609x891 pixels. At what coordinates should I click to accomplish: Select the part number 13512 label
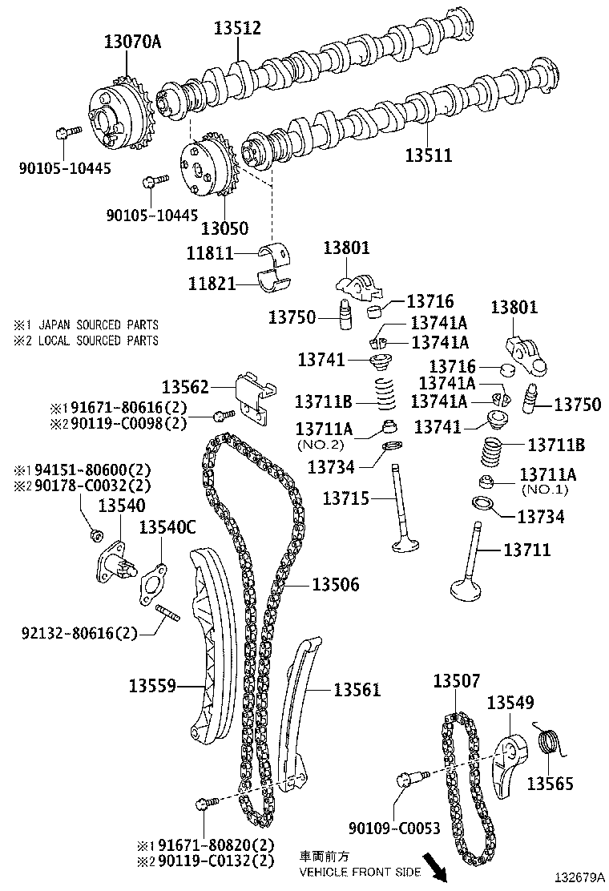237,29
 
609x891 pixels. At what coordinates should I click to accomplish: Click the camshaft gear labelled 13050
208,169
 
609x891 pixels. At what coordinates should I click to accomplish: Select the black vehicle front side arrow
437,865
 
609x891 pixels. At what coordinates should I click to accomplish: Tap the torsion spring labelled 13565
548,743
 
